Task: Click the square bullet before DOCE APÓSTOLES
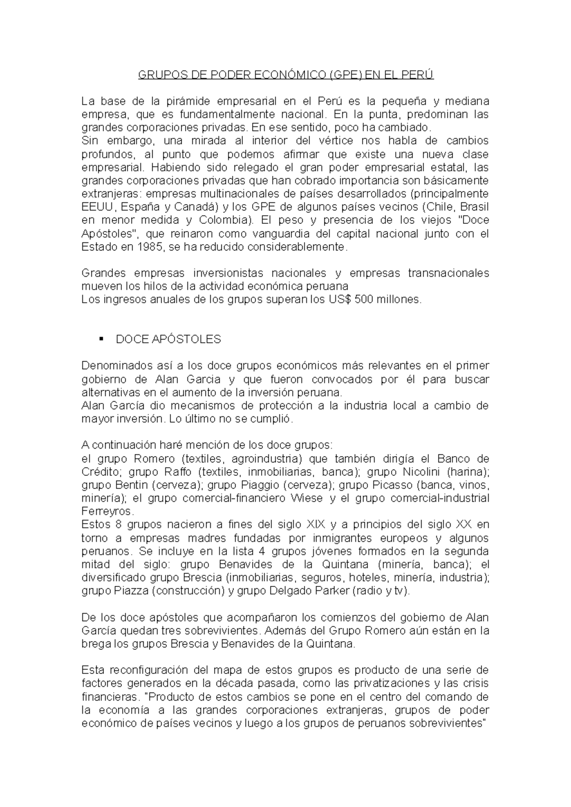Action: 101,339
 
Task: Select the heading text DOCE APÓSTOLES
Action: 168,339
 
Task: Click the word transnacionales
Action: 448,273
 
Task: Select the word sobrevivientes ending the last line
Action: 448,723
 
